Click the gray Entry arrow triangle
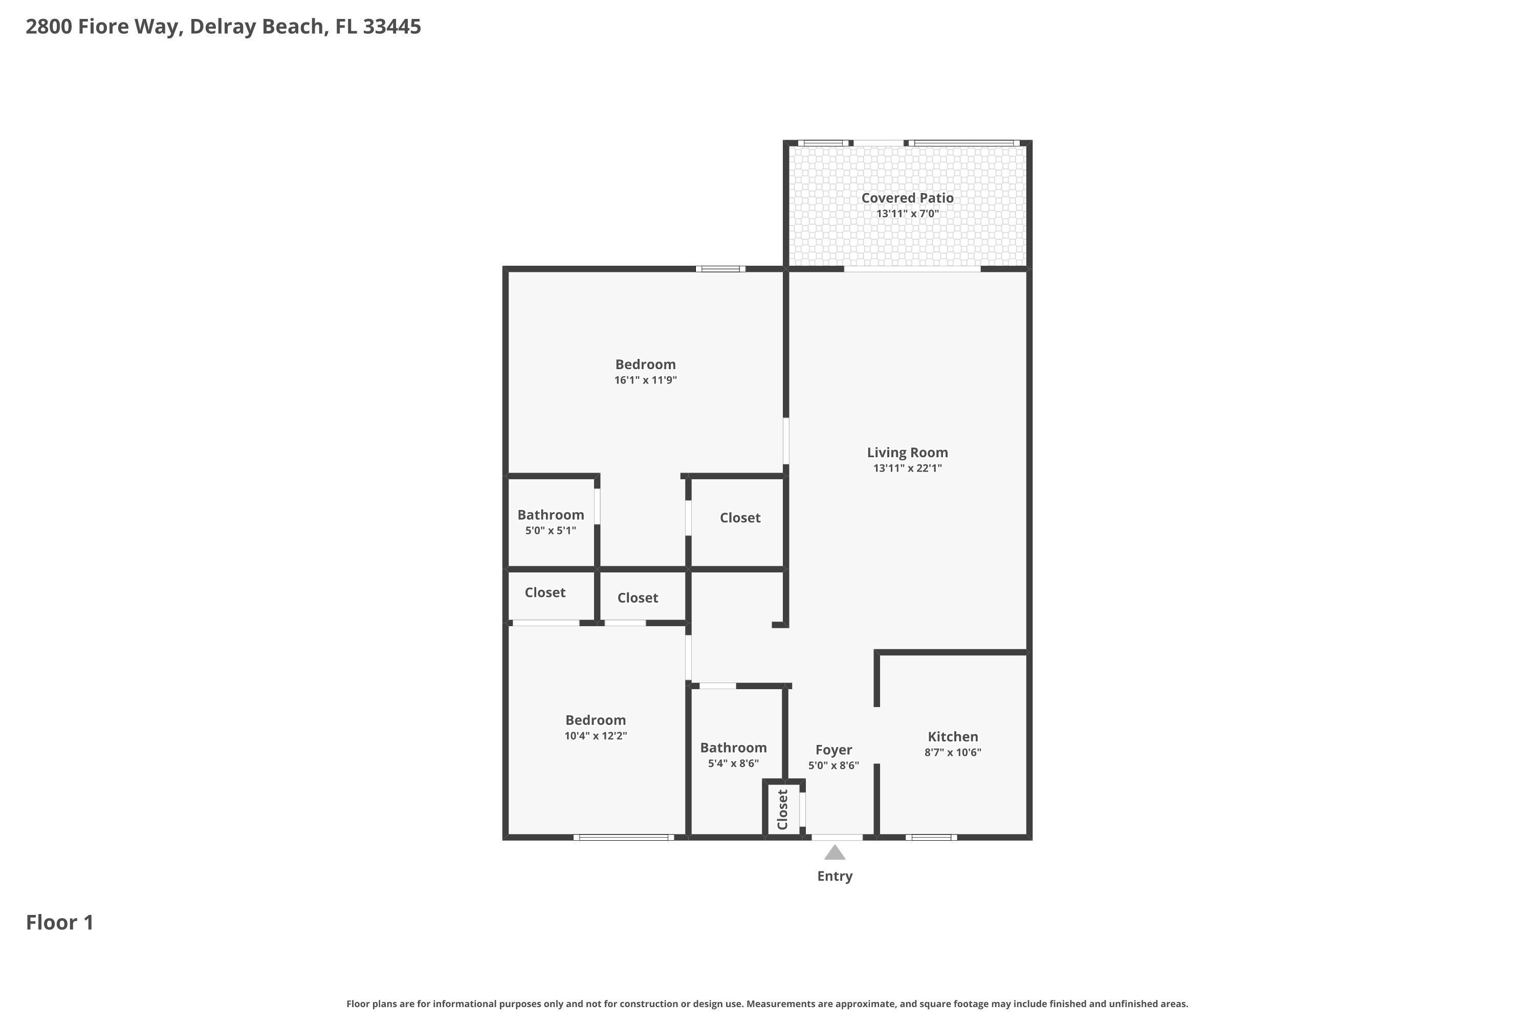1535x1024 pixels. tap(835, 853)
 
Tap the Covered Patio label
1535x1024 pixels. tap(907, 198)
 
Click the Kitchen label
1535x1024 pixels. tap(953, 737)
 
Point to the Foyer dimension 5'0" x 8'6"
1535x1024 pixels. tap(834, 765)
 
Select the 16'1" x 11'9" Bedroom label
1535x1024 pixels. tap(645, 365)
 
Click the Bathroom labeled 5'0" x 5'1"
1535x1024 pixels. tap(551, 515)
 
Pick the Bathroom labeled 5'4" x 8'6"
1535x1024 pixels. tap(733, 748)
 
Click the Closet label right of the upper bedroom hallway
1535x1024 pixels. tap(740, 518)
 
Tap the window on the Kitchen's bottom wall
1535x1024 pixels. tap(931, 837)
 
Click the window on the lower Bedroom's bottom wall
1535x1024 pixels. tap(623, 837)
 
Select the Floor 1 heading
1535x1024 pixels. tap(60, 923)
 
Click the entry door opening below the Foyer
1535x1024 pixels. tap(837, 837)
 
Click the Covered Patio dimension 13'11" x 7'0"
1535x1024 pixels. tap(907, 214)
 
